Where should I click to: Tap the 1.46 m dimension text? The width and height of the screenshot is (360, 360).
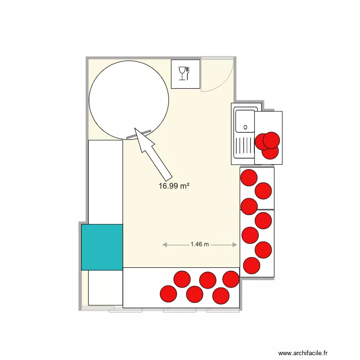point(200,244)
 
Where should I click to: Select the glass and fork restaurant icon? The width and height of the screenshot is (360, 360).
point(185,74)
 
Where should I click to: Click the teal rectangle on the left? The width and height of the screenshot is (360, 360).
point(102,247)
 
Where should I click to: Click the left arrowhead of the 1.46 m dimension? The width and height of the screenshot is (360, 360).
point(165,245)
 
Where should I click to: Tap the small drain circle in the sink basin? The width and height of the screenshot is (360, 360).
point(245,128)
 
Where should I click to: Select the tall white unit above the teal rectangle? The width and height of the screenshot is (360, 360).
point(106,181)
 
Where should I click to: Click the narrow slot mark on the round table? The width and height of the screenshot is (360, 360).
point(139,134)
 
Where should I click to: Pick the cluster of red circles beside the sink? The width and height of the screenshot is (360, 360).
point(268,144)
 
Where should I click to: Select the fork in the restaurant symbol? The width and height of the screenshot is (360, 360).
point(188,73)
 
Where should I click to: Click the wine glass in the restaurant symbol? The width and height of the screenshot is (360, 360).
point(182,73)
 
